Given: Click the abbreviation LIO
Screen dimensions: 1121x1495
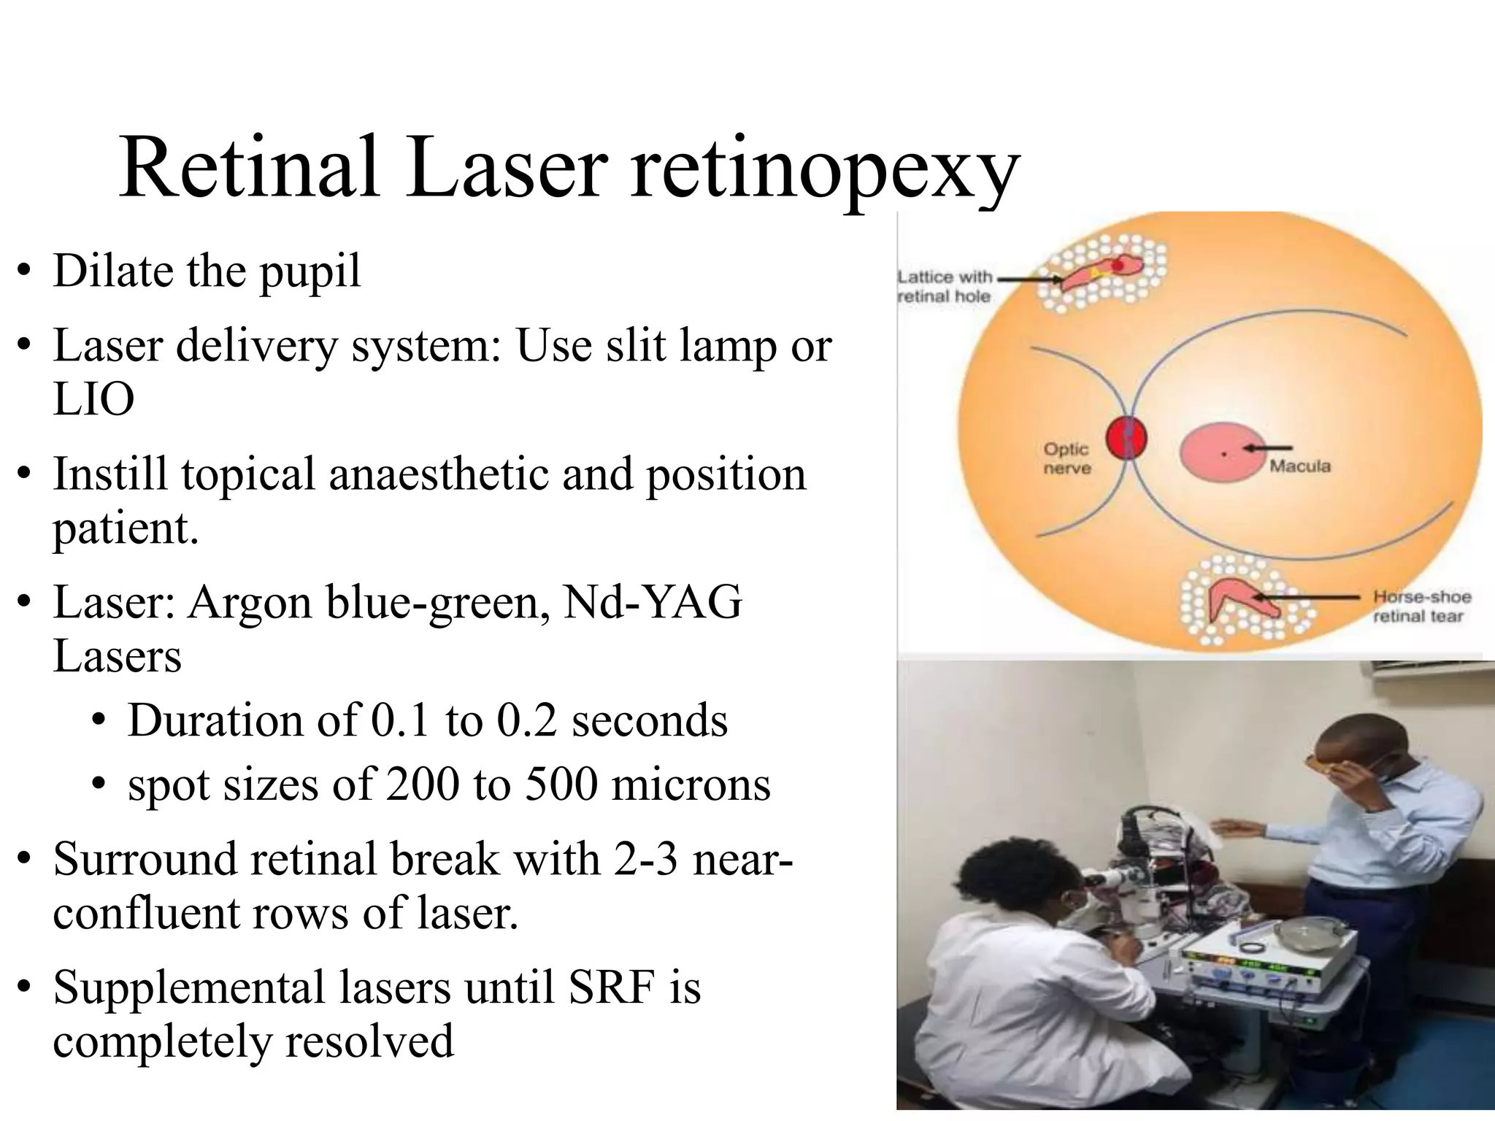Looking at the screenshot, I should [93, 400].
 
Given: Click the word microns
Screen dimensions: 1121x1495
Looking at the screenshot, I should [691, 785].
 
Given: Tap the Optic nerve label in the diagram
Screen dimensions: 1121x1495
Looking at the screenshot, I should [1067, 458].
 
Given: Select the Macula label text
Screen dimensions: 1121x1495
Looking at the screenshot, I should [1300, 466].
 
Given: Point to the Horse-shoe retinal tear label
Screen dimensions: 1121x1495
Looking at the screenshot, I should [1421, 606].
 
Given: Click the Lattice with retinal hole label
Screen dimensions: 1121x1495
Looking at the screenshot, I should [944, 286].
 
